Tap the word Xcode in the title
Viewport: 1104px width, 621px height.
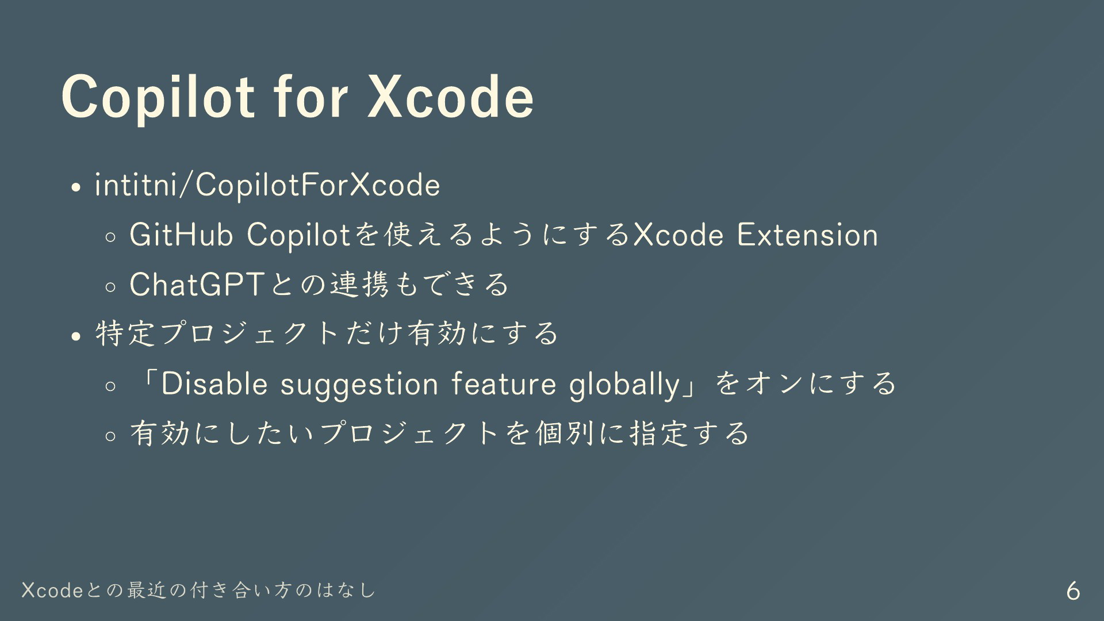tap(451, 97)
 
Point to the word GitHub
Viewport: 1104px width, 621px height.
tap(181, 235)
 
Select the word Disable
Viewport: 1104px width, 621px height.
tap(214, 384)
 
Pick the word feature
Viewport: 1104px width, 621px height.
tap(504, 384)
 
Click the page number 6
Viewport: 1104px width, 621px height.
tap(1073, 591)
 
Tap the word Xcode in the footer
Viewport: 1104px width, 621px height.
tap(53, 591)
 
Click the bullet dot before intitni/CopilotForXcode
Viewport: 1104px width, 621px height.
tap(76, 188)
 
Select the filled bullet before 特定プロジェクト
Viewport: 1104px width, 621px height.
tap(76, 336)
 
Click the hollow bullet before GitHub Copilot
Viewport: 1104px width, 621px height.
tap(111, 237)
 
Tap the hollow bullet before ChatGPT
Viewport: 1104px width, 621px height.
tap(111, 287)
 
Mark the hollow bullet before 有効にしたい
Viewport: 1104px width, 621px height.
tap(111, 436)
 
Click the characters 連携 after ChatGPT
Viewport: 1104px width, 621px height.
tap(360, 284)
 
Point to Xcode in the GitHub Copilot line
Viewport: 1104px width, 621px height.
tap(678, 235)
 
